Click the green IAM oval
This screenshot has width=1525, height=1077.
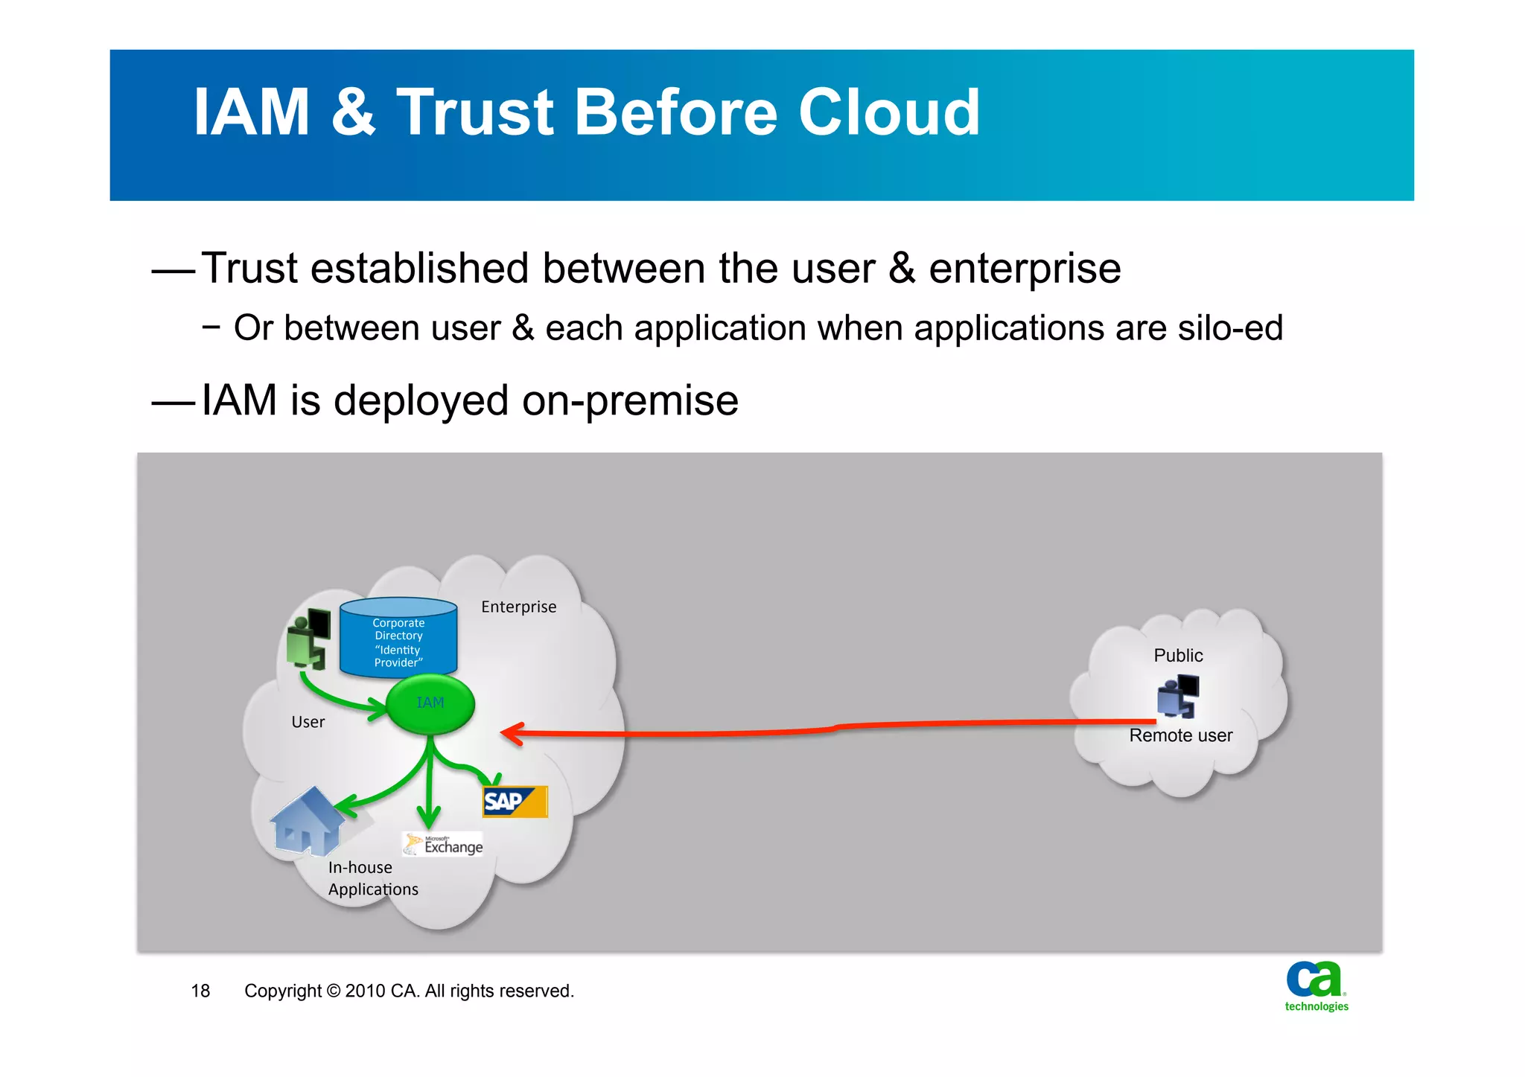[430, 704]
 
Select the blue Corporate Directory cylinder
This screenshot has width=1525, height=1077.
[398, 639]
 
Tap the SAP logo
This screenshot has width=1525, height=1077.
[515, 802]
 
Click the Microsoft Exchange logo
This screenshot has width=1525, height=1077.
[444, 845]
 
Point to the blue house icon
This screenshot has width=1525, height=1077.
[306, 822]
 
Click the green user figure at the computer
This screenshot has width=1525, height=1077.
[309, 639]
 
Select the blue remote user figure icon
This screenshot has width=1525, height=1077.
[1178, 696]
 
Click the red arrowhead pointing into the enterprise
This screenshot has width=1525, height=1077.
[512, 733]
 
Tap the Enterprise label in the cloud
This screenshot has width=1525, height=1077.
[518, 607]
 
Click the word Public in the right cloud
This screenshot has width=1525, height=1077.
[1178, 656]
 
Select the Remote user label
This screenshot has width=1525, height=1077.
[1180, 736]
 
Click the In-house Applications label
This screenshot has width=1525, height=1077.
[372, 879]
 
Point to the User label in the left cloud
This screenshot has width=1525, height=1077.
[308, 723]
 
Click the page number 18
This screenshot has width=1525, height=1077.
[200, 991]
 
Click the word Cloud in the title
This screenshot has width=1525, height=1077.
[889, 113]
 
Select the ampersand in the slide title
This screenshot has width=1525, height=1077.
[353, 113]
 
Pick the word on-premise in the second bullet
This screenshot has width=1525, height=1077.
[630, 401]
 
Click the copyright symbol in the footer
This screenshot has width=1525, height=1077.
[333, 991]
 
